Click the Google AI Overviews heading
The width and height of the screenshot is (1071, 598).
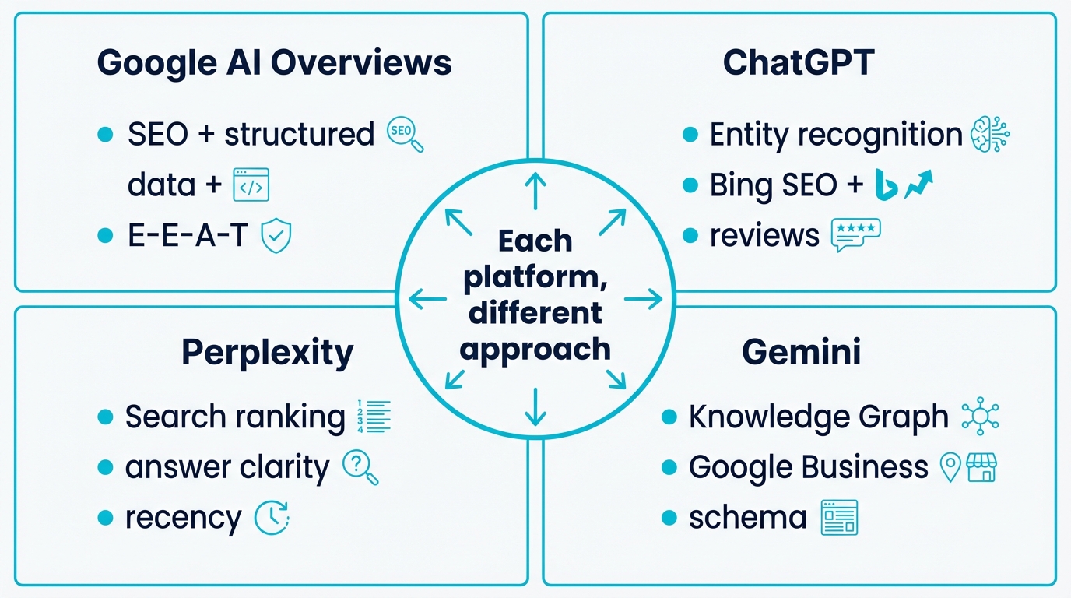pyautogui.click(x=274, y=63)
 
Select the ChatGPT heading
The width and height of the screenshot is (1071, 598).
pyautogui.click(x=799, y=63)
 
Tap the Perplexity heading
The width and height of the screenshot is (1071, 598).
pyautogui.click(x=267, y=353)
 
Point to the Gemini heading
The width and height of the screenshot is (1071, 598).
pyautogui.click(x=801, y=353)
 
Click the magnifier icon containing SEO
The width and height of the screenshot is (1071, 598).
pyautogui.click(x=405, y=135)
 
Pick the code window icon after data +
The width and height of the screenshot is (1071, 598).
pyautogui.click(x=251, y=185)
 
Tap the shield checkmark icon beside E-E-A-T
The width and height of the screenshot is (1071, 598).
pyautogui.click(x=276, y=236)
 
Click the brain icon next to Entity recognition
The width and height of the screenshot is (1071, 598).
pyautogui.click(x=990, y=135)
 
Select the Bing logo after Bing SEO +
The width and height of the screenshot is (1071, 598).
pyautogui.click(x=885, y=185)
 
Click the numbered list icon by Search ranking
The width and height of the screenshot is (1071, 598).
pyautogui.click(x=373, y=417)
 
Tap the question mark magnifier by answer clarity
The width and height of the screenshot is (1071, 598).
pyautogui.click(x=360, y=467)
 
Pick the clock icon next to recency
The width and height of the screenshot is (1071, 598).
pyautogui.click(x=272, y=518)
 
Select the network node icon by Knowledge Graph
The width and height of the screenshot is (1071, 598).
pyautogui.click(x=980, y=417)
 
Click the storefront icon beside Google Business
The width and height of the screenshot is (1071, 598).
pyautogui.click(x=981, y=467)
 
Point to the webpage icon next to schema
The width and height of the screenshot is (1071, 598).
pyautogui.click(x=839, y=518)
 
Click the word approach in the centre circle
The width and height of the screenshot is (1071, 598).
pyautogui.click(x=535, y=348)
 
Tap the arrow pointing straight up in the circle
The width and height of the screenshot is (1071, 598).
pyautogui.click(x=535, y=190)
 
